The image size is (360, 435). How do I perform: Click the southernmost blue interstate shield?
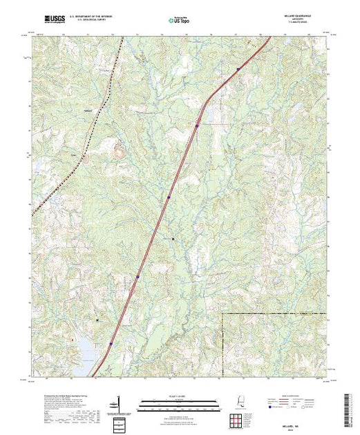111,342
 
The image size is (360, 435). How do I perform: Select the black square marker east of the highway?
173,239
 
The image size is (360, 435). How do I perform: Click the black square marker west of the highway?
97,320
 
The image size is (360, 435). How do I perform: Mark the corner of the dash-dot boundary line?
222,313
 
